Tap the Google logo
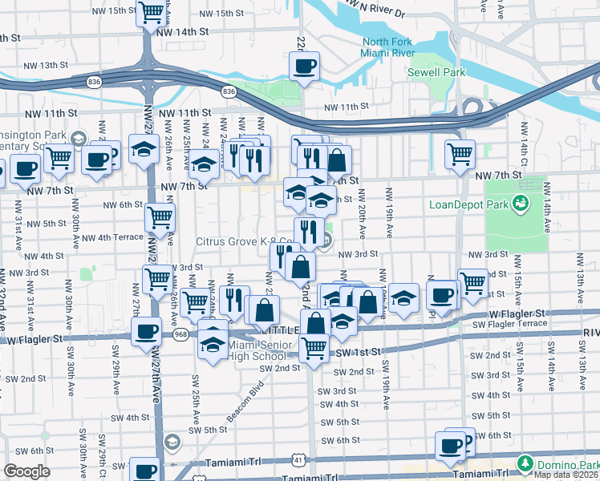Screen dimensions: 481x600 tap(26, 471)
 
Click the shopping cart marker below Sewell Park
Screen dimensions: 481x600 tap(460, 152)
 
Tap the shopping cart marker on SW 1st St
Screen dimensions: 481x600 tap(314, 347)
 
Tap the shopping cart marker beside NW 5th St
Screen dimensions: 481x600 tap(160, 215)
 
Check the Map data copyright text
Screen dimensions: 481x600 tap(566, 475)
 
